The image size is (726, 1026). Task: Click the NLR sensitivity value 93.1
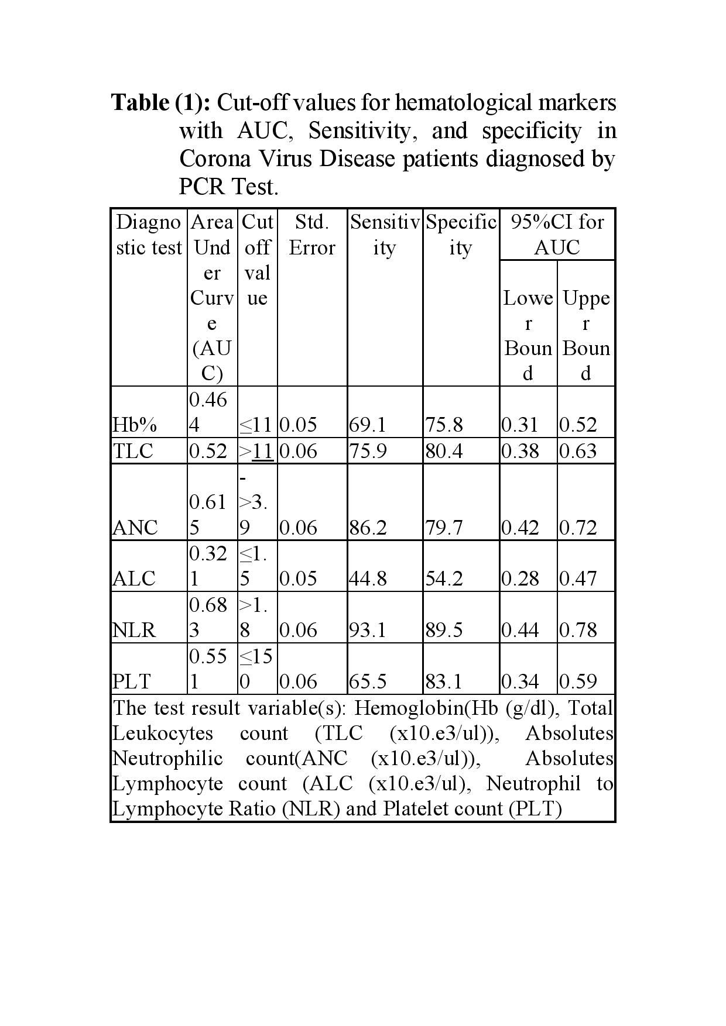[x=367, y=630]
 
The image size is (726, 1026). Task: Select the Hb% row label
[x=135, y=425]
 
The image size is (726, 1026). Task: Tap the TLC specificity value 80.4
[x=444, y=451]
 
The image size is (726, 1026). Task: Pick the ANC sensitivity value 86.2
[x=367, y=528]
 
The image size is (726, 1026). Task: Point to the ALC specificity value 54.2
[x=444, y=579]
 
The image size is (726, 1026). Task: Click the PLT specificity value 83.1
[x=444, y=681]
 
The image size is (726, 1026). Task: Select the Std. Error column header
[x=312, y=235]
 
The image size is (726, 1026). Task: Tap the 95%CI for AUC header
[x=557, y=235]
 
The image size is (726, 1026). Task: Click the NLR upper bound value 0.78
[x=578, y=630]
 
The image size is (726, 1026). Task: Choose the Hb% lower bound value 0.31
[x=519, y=425]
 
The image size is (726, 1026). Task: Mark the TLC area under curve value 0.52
[x=208, y=451]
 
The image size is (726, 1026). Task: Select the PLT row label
[x=132, y=681]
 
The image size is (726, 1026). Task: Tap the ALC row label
[x=134, y=579]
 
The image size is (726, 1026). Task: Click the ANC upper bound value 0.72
[x=578, y=528]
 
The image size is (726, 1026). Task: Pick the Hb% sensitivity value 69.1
[x=367, y=425]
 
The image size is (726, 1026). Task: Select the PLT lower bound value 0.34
[x=520, y=681]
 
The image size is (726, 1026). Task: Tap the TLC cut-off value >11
[x=256, y=451]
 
